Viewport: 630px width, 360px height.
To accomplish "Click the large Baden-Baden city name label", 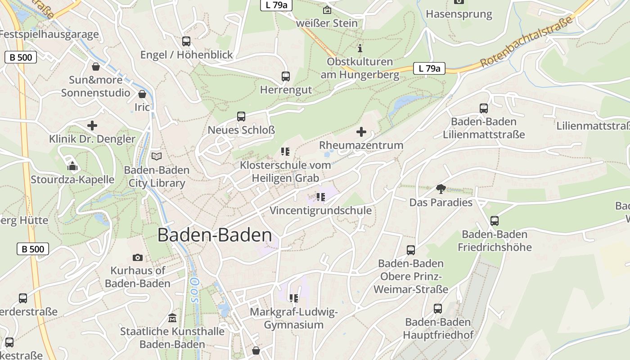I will [215, 235].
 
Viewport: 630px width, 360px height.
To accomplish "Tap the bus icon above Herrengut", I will [285, 76].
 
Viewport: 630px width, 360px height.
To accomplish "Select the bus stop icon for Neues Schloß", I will [241, 117].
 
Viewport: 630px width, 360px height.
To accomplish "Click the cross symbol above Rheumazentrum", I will [361, 132].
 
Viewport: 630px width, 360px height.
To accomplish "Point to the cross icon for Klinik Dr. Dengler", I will [92, 126].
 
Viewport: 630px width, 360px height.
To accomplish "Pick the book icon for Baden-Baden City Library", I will [157, 156].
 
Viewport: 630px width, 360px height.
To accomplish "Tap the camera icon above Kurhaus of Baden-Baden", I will [138, 257].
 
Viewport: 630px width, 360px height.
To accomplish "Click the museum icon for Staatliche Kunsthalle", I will [172, 318].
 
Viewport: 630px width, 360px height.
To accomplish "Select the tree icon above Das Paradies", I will [441, 189].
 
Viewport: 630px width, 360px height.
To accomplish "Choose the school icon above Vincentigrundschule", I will [320, 197].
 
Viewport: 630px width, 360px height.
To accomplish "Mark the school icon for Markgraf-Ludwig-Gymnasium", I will [294, 298].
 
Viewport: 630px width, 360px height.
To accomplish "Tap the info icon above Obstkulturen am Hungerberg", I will [360, 48].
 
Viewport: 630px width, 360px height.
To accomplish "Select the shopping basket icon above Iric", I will [142, 94].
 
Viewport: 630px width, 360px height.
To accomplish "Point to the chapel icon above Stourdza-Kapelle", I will [72, 166].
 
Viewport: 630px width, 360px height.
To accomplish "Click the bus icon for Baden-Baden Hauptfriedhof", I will [438, 309].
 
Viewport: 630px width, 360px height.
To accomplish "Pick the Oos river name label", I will [195, 289].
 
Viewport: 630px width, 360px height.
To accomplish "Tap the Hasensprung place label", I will [459, 14].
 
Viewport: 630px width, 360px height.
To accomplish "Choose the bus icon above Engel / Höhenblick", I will [186, 41].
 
